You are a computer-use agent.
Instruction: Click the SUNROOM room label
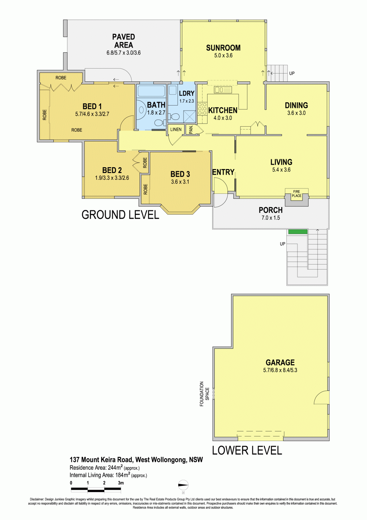pos(223,48)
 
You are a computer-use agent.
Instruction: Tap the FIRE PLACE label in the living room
pos(296,193)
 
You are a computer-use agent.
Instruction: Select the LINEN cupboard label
pos(176,130)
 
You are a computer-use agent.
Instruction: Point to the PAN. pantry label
pos(191,130)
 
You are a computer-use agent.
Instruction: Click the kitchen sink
pos(223,90)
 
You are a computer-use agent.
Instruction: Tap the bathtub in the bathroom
pos(151,91)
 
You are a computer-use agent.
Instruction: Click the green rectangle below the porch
pos(298,231)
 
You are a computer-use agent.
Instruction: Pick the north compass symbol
pos(183,485)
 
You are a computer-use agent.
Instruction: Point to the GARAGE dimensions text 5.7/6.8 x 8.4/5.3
pos(280,370)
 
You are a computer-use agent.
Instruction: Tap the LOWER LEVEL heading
pos(247,450)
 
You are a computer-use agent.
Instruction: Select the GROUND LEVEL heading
pos(120,215)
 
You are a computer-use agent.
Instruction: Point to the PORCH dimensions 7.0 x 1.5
pos(271,218)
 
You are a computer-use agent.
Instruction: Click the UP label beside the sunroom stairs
pos(292,73)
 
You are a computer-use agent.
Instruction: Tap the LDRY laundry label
pos(187,94)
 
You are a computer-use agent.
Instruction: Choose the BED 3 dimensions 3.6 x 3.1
pos(180,182)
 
